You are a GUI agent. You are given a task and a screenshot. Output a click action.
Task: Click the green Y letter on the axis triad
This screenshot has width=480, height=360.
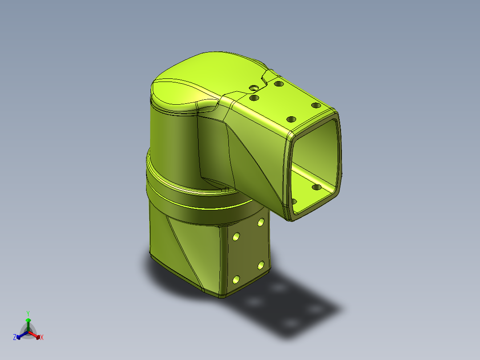pyautogui.click(x=28, y=314)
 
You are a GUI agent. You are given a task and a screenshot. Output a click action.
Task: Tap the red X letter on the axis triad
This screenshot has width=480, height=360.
pyautogui.click(x=42, y=337)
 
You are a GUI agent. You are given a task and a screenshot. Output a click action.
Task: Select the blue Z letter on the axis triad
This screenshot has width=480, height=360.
pyautogui.click(x=15, y=337)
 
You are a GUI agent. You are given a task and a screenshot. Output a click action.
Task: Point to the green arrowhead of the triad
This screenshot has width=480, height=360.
pyautogui.click(x=28, y=320)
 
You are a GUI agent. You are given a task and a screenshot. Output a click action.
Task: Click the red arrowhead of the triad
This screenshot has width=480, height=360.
pyautogui.click(x=38, y=337)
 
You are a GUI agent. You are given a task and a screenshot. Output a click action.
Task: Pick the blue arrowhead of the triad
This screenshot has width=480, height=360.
pyautogui.click(x=19, y=337)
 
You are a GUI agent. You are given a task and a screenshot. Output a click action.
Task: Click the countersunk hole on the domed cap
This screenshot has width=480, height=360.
pyautogui.click(x=254, y=88)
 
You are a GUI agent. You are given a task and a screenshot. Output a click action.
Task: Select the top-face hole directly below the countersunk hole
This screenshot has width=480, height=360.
pyautogui.click(x=254, y=98)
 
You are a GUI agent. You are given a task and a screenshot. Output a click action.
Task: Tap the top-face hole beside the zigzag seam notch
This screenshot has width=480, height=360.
pyautogui.click(x=279, y=84)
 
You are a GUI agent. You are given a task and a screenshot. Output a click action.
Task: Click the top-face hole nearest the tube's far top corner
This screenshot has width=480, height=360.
pyautogui.click(x=316, y=106)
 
